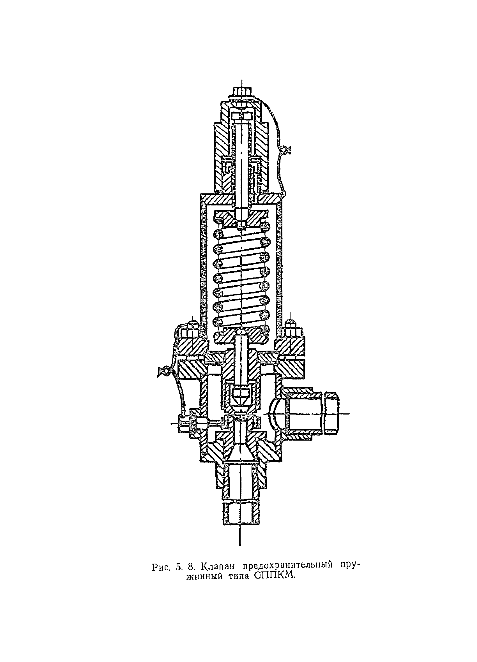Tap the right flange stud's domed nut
point(290,323)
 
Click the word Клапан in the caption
point(218,566)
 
